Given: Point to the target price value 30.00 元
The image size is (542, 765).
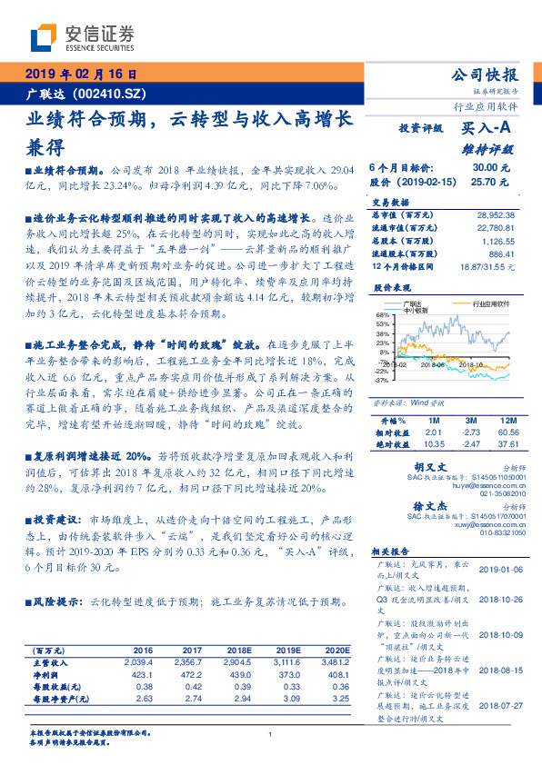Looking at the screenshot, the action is (484, 168).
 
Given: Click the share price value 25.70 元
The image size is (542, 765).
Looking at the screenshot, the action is (484, 182).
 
